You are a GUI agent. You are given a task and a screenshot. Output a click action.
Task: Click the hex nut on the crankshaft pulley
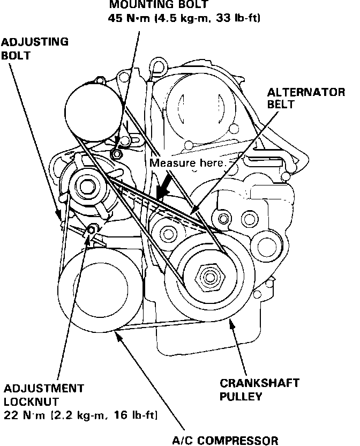tap(206, 277)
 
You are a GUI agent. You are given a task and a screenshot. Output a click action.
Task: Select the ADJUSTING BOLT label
tap(34, 48)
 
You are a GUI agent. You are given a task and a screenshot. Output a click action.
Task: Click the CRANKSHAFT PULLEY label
tap(259, 390)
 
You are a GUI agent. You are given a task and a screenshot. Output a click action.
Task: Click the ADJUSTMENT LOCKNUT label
tap(43, 394)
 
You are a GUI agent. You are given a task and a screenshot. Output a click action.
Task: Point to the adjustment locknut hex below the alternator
tap(91, 231)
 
